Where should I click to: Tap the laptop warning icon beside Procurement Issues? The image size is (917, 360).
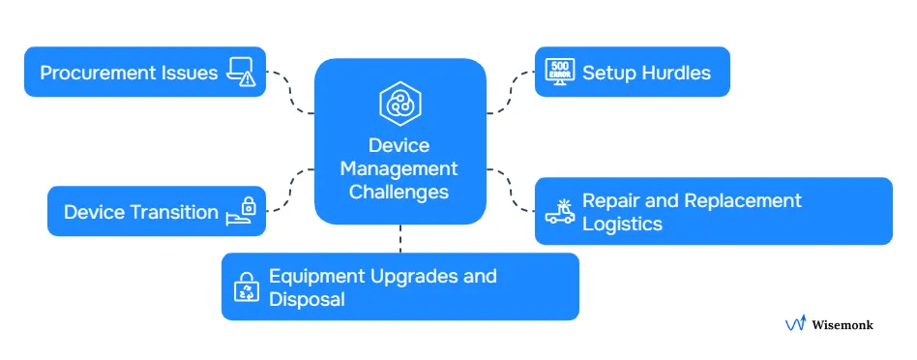[242, 72]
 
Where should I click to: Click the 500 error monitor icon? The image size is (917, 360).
[559, 73]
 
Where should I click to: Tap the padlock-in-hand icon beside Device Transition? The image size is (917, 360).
[242, 211]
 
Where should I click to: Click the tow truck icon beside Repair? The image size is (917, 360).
[559, 211]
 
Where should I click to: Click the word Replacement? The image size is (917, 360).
[742, 200]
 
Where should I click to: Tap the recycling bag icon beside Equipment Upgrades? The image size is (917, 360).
[245, 286]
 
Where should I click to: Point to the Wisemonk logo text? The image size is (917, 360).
[843, 325]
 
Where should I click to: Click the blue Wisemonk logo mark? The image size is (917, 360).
[796, 325]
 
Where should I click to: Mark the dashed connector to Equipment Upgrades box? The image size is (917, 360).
[399, 239]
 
